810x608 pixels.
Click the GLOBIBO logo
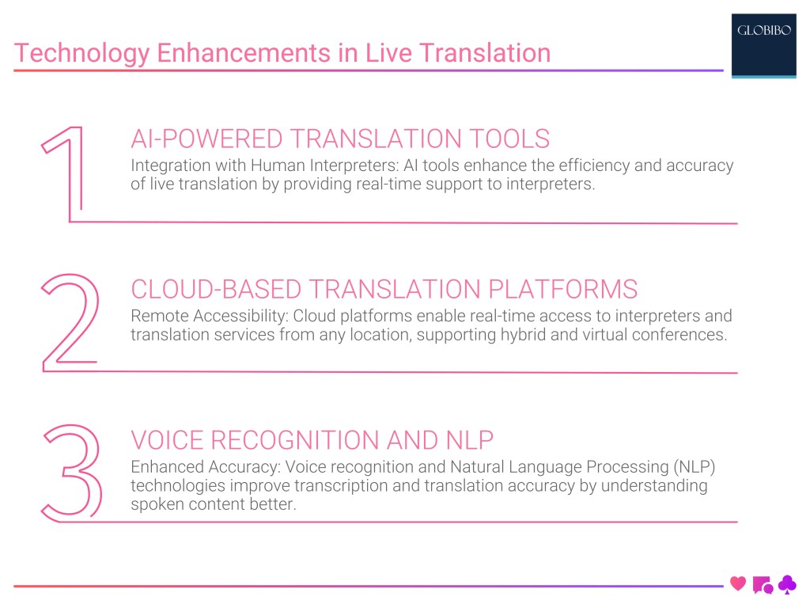(x=763, y=32)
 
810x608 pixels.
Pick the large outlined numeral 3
(x=71, y=473)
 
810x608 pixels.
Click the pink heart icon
(x=738, y=583)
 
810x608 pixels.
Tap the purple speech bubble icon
(x=763, y=584)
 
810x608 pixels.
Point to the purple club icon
(x=787, y=583)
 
